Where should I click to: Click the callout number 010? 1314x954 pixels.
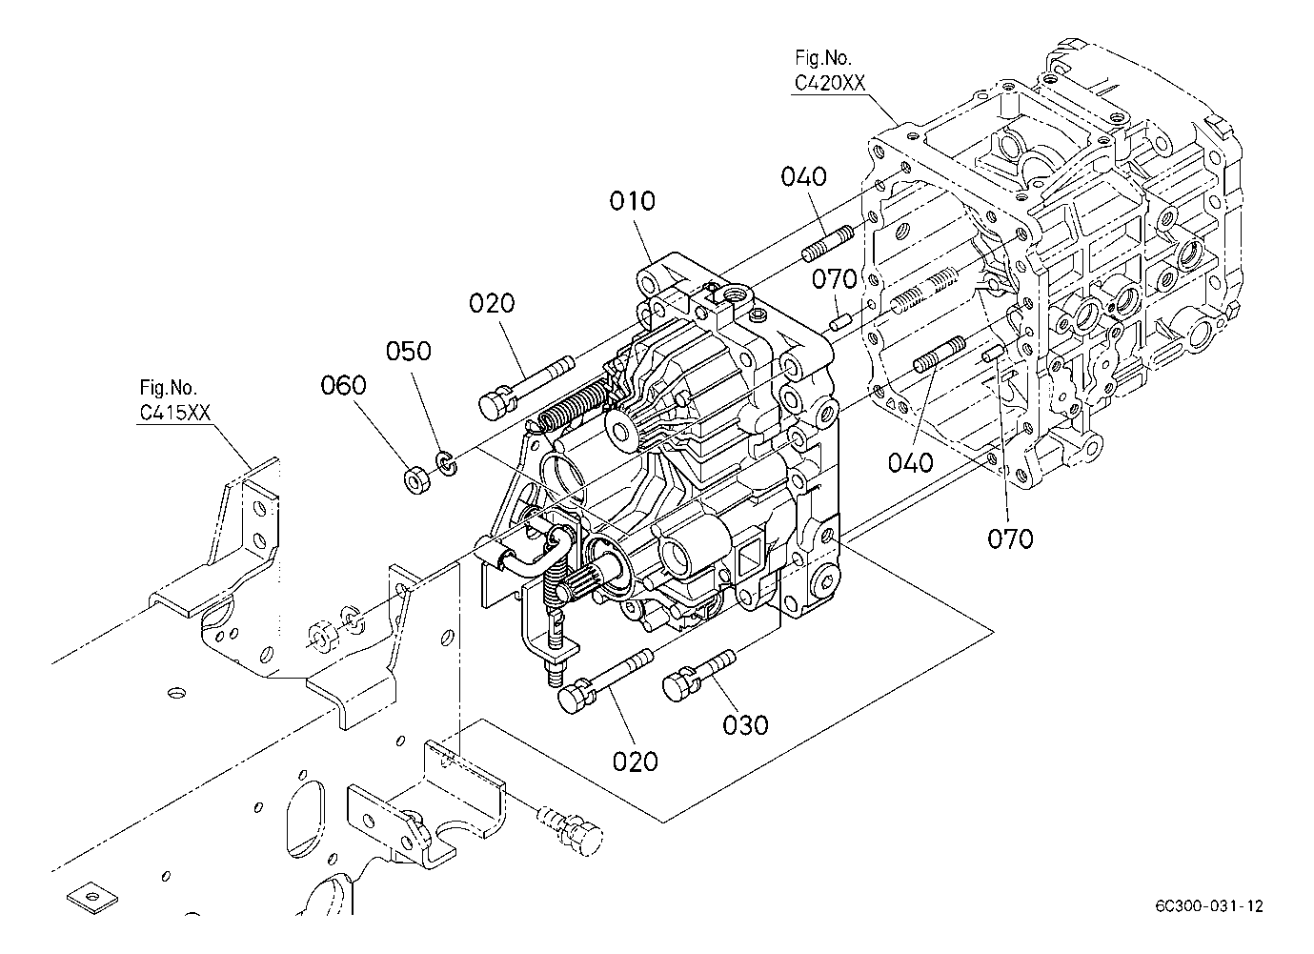coord(632,201)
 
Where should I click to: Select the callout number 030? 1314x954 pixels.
coord(745,725)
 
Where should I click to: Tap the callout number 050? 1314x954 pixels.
coord(408,351)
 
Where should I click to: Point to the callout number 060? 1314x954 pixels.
coord(343,385)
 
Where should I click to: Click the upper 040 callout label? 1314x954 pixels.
coord(803,176)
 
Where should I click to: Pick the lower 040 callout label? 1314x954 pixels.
coord(910,463)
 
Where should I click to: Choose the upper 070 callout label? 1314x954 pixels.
coord(835,279)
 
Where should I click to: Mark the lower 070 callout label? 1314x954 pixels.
coord(1010,538)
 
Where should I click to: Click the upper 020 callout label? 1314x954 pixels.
coord(492,303)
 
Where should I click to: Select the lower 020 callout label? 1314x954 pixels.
coord(636,762)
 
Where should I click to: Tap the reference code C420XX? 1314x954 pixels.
coord(829,83)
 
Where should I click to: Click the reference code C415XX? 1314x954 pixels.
coord(174,413)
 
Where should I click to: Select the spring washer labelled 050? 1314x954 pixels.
coord(447,463)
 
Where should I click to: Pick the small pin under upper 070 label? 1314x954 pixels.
coord(840,321)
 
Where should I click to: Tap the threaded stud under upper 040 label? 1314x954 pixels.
coord(827,245)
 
